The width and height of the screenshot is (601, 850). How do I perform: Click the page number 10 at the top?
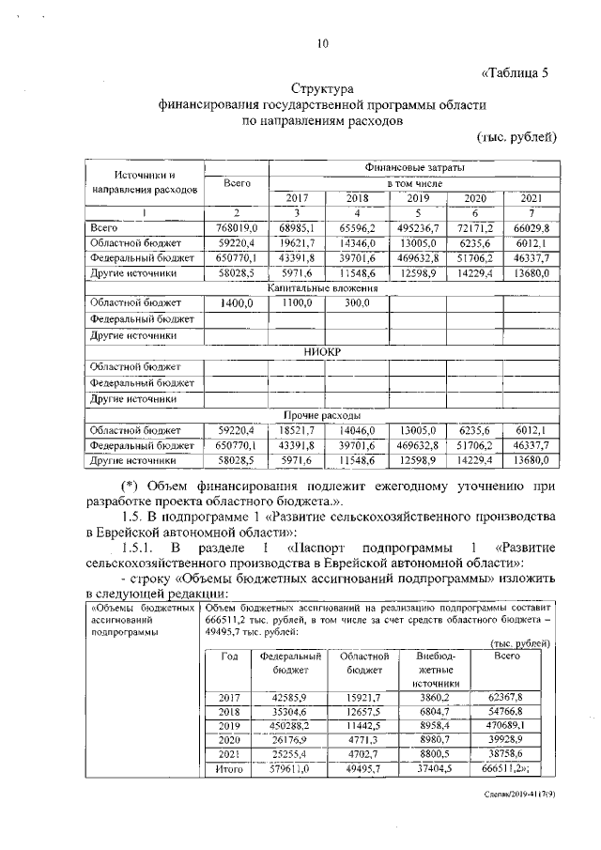pyautogui.click(x=323, y=43)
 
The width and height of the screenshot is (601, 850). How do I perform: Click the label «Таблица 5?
pyautogui.click(x=514, y=74)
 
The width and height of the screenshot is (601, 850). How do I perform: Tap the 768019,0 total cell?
pyautogui.click(x=237, y=227)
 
